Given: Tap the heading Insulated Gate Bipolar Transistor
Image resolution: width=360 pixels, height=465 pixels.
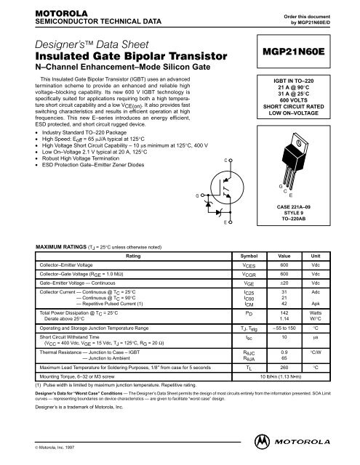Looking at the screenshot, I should click(x=99, y=58).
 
